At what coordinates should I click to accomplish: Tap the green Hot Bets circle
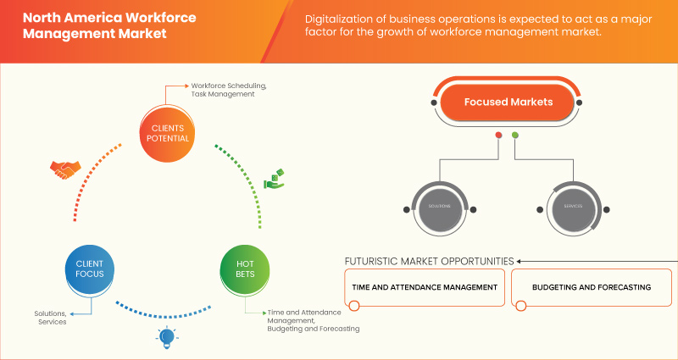tap(244, 269)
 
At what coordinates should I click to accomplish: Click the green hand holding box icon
tap(275, 180)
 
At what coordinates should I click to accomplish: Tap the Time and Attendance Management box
tap(425, 287)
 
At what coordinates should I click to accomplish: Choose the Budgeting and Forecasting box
tap(592, 287)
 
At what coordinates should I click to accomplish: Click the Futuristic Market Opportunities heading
tap(429, 260)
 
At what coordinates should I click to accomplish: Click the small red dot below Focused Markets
tap(498, 136)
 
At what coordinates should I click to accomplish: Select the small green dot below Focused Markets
tap(515, 136)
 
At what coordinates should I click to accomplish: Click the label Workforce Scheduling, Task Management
tap(229, 90)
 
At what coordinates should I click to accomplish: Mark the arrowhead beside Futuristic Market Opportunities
tap(520, 260)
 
